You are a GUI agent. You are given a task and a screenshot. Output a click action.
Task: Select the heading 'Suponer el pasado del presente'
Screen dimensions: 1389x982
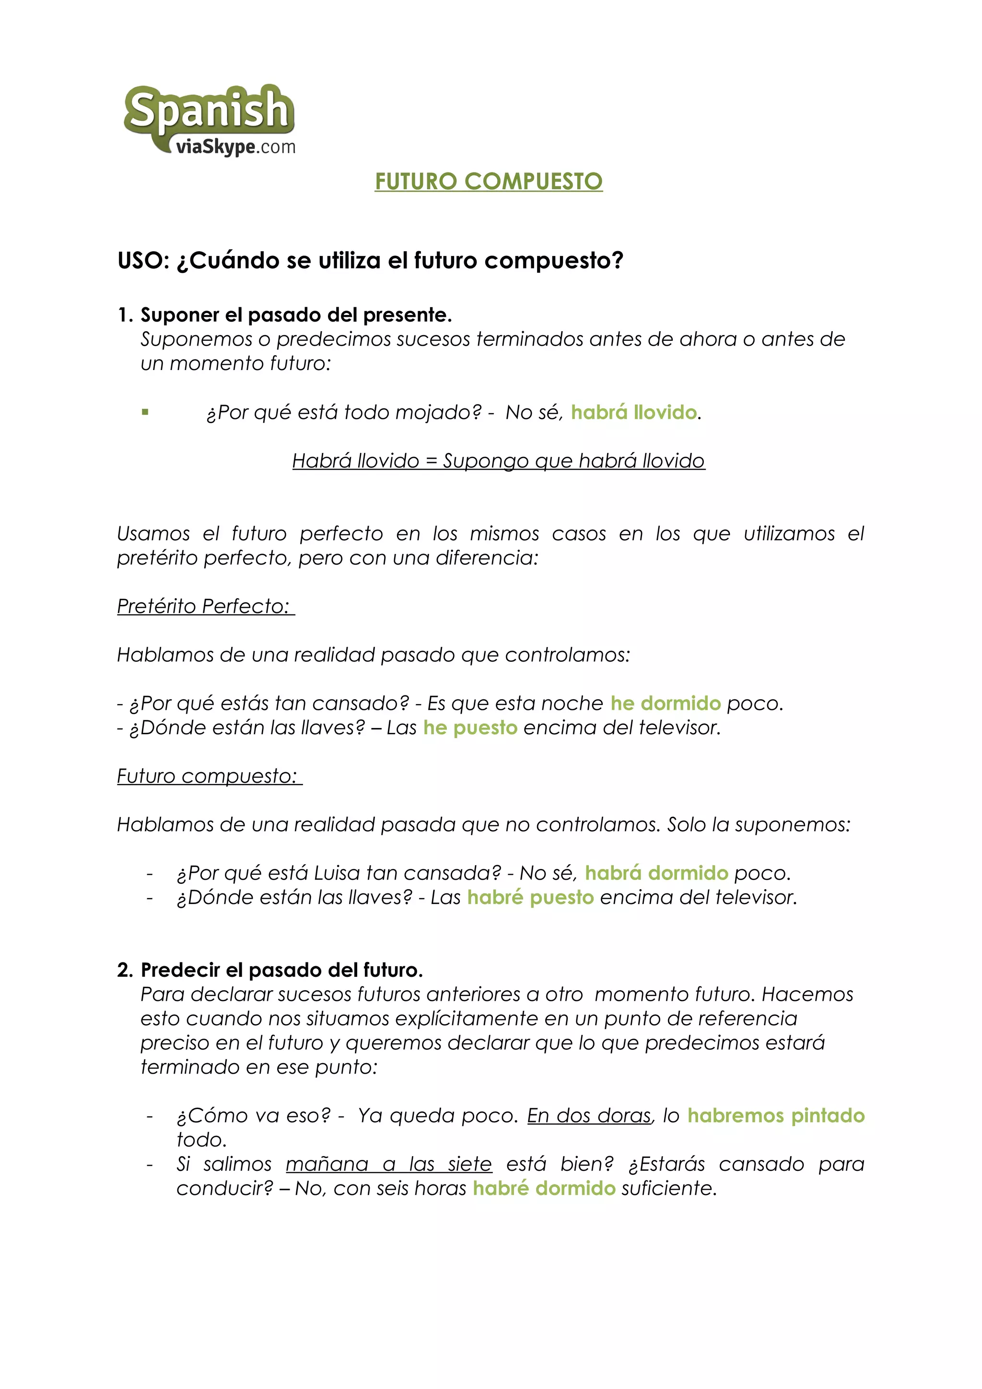tap(296, 315)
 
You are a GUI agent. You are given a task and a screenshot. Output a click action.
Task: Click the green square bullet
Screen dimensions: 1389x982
tap(145, 413)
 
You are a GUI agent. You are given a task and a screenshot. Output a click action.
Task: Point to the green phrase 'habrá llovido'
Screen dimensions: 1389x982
tap(633, 413)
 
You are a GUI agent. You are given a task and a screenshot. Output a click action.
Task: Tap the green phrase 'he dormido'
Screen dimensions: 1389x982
tap(666, 704)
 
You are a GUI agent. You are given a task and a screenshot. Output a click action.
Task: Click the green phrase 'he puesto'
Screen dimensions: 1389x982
tap(470, 728)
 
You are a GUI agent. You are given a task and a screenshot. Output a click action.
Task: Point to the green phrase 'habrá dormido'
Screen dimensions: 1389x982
tap(656, 874)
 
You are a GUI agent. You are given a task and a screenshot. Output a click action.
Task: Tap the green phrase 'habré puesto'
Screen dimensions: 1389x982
tap(530, 898)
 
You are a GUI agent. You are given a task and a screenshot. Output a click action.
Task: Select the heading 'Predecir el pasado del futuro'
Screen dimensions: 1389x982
tap(281, 971)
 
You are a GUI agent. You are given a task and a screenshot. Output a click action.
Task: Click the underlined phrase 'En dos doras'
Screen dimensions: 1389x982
tap(589, 1115)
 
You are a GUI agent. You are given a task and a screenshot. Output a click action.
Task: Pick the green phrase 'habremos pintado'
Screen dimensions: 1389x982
tap(776, 1115)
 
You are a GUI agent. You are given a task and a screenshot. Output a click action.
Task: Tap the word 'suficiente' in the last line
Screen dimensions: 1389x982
tap(668, 1189)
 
